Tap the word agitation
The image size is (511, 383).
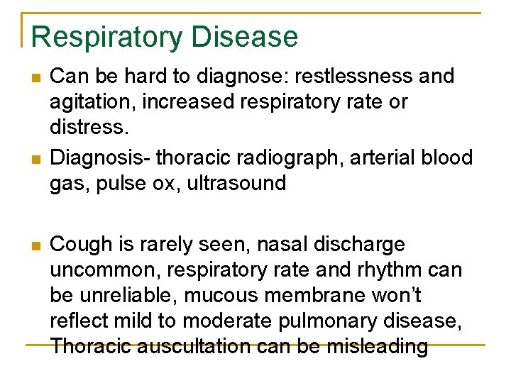click(x=91, y=102)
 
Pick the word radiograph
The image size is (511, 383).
click(x=286, y=157)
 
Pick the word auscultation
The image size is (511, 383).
click(x=190, y=347)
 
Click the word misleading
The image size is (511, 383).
click(x=378, y=347)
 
